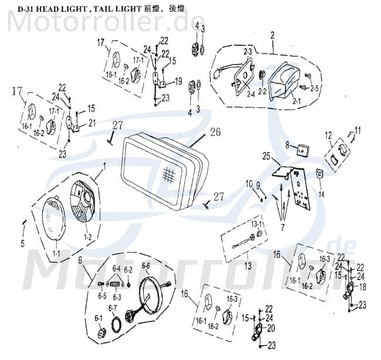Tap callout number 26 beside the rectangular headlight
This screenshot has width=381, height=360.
(x=215, y=132)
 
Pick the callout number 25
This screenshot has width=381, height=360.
(x=266, y=157)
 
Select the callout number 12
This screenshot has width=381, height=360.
(x=329, y=136)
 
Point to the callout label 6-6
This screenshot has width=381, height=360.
(x=145, y=266)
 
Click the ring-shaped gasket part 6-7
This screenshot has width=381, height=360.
(x=117, y=323)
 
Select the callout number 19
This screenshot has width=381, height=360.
(x=178, y=80)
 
